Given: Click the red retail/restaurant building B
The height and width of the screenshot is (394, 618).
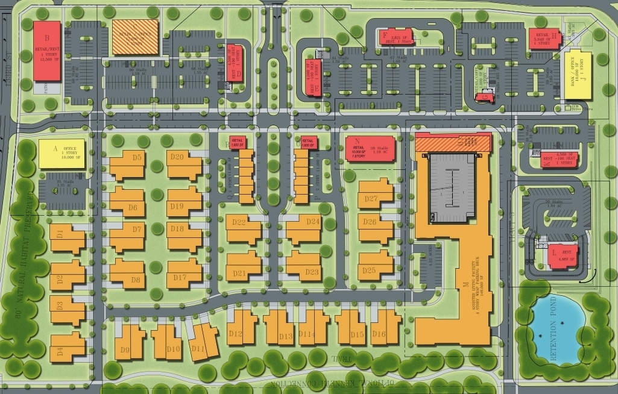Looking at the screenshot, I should click(x=47, y=51).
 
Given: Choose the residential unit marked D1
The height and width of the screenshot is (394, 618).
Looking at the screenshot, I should click(x=68, y=239).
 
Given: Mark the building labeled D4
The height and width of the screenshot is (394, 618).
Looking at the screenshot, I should click(x=68, y=346).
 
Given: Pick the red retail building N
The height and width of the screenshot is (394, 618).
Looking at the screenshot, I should click(x=368, y=149).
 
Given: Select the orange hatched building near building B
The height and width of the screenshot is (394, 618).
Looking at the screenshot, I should click(x=135, y=37).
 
